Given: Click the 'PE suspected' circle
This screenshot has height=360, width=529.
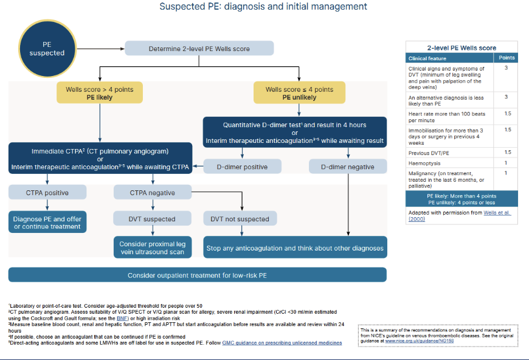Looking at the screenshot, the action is point(47,49).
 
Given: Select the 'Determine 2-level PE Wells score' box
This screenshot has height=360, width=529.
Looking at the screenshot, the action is point(199,49).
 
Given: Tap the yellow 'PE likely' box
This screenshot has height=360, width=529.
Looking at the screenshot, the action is point(100,93).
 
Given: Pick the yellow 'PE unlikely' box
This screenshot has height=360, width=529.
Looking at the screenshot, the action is point(299,93).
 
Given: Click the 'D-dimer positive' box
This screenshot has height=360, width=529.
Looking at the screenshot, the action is point(242,167).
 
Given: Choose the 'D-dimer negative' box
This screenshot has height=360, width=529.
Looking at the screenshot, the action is point(348,167).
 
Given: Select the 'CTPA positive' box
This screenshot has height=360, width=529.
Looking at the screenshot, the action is point(47,192).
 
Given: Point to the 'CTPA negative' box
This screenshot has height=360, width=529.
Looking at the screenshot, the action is point(153,192).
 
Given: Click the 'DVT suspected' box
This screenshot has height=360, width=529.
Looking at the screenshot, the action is point(152,219).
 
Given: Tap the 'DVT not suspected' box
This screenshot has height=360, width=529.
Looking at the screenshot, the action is point(240,219).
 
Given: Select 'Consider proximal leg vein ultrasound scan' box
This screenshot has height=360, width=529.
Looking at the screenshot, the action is point(153,247).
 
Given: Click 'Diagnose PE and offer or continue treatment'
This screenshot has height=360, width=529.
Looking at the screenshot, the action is point(47,223).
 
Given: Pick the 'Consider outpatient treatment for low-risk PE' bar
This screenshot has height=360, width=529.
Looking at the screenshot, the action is point(198,275).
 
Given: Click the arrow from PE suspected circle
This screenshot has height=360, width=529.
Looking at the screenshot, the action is point(101,49).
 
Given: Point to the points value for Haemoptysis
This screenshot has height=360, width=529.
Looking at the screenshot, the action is point(506,163).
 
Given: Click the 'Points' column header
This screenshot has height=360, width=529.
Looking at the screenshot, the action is point(507,58).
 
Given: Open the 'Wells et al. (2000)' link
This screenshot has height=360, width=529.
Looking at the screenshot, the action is point(460,216).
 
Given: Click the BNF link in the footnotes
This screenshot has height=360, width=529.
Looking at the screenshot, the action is point(122,318).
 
